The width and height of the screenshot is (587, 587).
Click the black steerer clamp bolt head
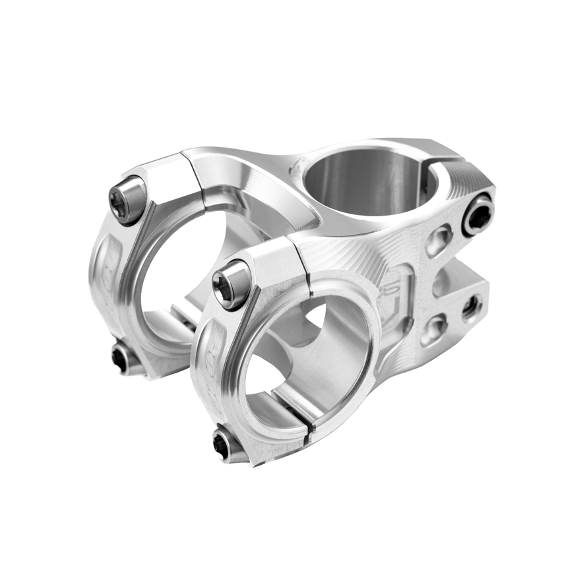point(478,215)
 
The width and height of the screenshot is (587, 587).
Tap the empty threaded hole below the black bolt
point(471,306)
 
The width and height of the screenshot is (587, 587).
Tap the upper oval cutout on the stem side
point(439,239)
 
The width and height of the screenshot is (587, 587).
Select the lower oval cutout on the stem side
point(433,328)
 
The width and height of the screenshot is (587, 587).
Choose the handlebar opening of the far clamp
point(171,277)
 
